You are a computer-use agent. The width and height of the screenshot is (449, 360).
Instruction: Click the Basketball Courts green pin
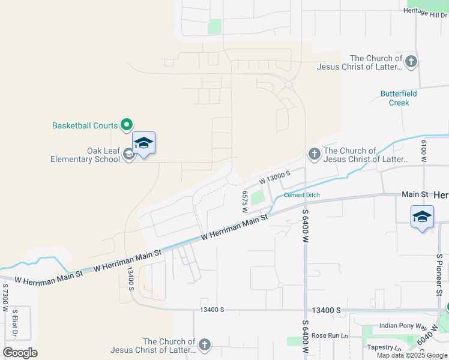click(x=126, y=125)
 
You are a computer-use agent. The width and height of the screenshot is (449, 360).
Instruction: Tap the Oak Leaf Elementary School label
click(x=85, y=155)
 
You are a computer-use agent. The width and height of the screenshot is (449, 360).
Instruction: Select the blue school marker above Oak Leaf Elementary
click(x=143, y=144)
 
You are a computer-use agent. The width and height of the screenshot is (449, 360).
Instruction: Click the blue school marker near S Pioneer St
click(x=422, y=217)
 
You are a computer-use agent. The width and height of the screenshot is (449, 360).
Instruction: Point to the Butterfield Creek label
click(x=399, y=98)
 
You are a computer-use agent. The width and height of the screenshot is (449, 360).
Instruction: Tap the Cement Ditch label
click(x=301, y=195)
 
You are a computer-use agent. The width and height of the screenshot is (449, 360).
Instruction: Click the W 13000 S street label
click(x=275, y=176)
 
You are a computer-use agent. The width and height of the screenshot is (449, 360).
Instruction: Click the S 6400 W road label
click(x=305, y=225)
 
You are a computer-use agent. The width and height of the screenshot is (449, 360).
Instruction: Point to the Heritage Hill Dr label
click(x=425, y=11)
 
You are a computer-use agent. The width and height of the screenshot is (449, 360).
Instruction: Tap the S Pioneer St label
click(x=439, y=275)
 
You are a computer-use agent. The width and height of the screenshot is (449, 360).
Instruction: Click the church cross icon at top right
click(x=411, y=62)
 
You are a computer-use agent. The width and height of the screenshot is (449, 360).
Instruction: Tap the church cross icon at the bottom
click(x=205, y=344)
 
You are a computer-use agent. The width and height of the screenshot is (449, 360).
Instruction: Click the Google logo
click(x=20, y=353)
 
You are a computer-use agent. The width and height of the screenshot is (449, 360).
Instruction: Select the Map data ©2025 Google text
click(x=412, y=355)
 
